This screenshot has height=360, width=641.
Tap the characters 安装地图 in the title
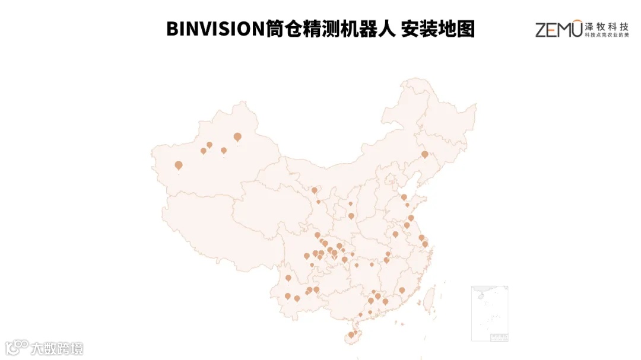(438, 28)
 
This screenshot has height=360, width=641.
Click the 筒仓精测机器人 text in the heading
(331, 28)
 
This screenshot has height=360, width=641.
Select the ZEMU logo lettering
(559, 29)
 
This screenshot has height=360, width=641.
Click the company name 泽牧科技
(606, 26)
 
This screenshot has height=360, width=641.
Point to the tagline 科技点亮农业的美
(606, 36)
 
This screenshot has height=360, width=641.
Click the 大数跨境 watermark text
(58, 348)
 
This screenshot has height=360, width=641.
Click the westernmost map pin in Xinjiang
(179, 165)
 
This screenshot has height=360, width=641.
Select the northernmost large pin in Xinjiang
(237, 137)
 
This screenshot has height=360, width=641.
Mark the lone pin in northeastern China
(424, 154)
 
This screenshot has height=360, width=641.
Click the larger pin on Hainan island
(351, 334)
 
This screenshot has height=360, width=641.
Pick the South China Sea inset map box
(489, 313)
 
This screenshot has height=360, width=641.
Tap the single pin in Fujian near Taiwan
(402, 291)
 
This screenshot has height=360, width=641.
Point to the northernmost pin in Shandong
(404, 197)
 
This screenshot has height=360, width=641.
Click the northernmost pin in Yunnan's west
(288, 278)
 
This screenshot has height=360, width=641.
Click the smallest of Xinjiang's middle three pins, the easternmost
(224, 151)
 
